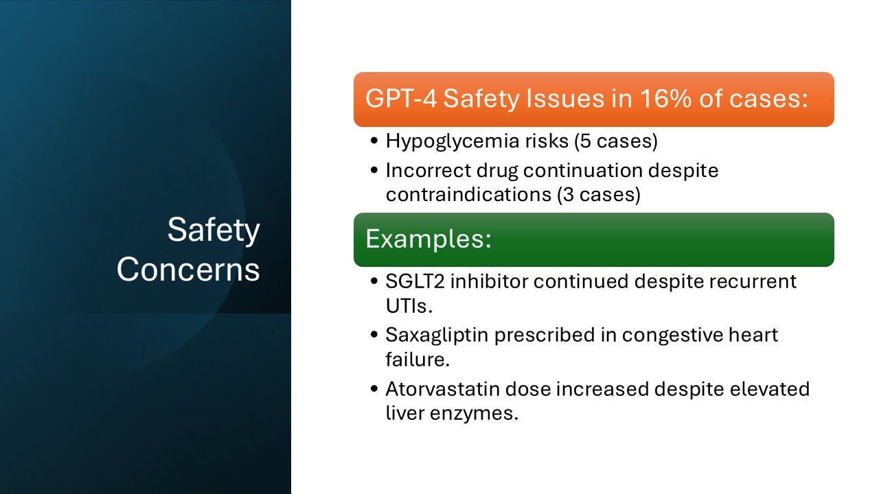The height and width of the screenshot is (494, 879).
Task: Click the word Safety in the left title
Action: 214,231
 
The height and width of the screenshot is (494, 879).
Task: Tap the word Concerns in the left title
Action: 188,270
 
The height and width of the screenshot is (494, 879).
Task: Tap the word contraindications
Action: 467,195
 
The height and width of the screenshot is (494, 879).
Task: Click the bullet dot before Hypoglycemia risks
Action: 374,142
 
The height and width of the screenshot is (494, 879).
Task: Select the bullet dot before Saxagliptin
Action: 374,336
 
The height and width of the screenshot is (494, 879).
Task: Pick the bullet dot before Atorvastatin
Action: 374,390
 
